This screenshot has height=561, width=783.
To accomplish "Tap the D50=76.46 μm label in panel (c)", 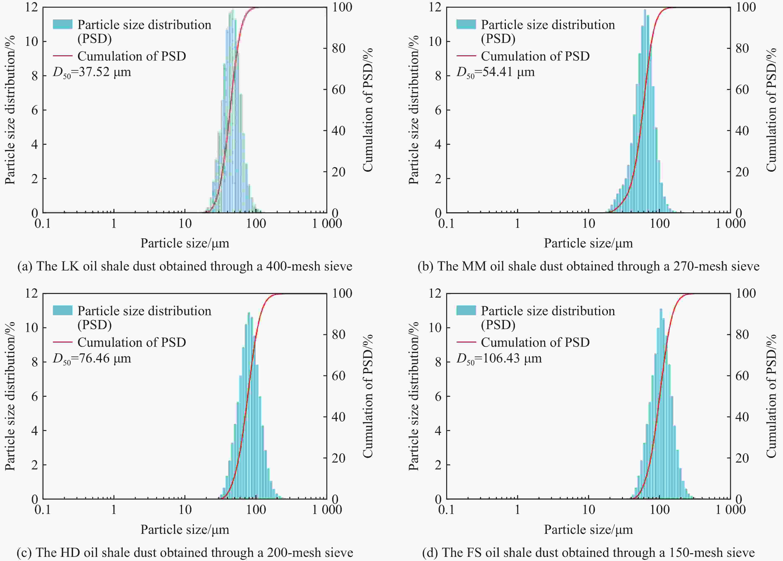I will point(92,359).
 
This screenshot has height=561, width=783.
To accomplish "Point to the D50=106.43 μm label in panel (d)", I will point(499,359).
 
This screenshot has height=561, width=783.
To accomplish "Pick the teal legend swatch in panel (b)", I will point(466,24).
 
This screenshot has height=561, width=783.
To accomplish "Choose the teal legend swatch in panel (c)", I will point(63,310).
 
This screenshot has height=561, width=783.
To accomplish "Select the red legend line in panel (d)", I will point(466,342).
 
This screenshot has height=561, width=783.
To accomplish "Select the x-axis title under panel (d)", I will point(588,529).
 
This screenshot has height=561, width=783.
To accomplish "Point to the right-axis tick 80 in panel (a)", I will point(338,48).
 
